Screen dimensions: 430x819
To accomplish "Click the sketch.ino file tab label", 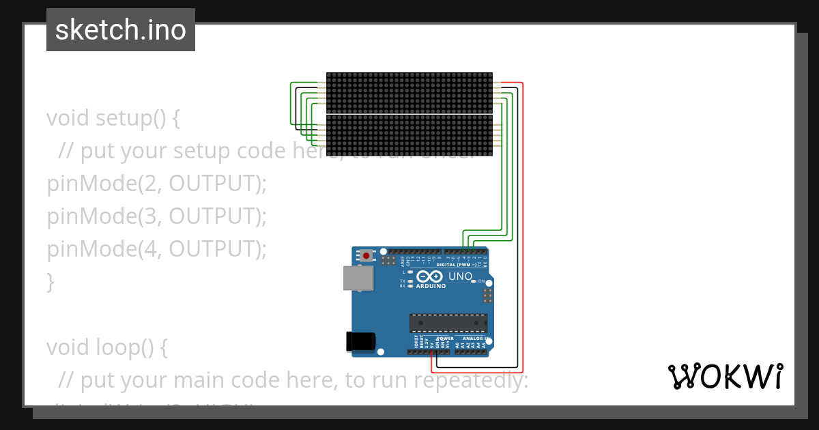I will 121,30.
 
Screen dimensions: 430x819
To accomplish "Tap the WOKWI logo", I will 725,376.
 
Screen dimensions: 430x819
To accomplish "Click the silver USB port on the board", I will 358,278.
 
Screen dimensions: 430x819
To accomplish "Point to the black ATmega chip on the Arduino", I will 448,323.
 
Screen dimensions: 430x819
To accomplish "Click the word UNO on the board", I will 460,276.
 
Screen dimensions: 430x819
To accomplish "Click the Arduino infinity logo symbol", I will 430,276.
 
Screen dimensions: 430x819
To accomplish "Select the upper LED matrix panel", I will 409,93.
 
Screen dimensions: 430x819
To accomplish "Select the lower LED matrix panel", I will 409,135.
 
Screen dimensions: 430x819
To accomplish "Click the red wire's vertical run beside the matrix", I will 523,205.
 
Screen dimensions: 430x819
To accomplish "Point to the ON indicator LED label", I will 481,281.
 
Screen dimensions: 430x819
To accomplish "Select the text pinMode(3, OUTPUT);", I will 156,216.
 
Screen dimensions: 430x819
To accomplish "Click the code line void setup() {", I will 113,117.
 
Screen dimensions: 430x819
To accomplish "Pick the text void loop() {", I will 106,347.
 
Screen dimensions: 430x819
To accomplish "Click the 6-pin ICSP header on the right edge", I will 487,296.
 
